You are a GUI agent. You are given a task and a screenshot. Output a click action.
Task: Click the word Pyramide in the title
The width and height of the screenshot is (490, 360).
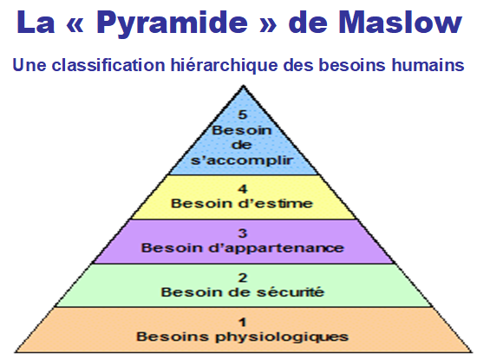(173, 23)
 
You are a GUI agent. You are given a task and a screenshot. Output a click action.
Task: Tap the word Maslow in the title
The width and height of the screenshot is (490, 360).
(401, 22)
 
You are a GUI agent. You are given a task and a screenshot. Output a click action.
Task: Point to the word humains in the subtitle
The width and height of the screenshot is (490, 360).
(428, 65)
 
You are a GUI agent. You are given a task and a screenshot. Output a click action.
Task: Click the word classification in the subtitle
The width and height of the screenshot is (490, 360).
(108, 65)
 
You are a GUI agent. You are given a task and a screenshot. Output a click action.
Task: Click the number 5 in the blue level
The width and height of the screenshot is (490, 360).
(243, 115)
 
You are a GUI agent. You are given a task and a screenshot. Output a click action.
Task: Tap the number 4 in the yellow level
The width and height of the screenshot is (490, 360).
(243, 189)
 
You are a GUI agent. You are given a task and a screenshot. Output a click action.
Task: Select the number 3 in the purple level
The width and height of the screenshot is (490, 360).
(243, 233)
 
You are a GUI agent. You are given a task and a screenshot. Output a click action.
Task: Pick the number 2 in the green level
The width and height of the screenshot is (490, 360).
(243, 278)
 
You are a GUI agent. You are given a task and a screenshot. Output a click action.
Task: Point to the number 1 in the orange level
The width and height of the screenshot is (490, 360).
(243, 322)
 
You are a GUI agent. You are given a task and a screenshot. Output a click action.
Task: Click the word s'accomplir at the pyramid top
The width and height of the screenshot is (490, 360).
(242, 160)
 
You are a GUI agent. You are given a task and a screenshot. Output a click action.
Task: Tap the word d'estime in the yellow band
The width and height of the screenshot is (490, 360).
(275, 204)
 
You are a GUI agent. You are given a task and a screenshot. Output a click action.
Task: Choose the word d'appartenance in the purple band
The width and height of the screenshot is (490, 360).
(276, 248)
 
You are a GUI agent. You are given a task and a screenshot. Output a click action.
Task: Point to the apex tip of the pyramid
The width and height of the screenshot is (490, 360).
(243, 86)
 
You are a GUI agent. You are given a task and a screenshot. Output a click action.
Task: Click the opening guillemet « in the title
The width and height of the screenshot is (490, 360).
(75, 24)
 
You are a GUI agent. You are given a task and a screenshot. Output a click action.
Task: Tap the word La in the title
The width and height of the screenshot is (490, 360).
(36, 22)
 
